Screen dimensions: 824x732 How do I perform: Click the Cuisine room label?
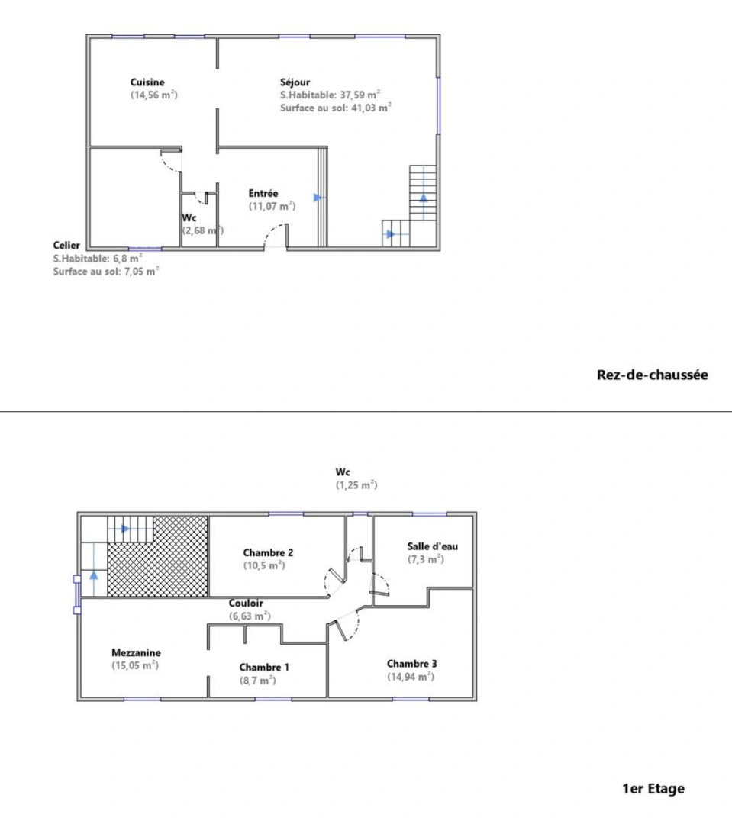(x=147, y=82)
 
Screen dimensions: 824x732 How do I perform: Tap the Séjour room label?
(x=295, y=82)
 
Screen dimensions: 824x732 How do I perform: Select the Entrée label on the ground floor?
(x=263, y=194)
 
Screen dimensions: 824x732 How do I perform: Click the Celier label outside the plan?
(x=66, y=245)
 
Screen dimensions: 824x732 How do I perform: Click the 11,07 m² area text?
(x=272, y=206)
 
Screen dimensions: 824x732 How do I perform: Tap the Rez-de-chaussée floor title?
(x=652, y=375)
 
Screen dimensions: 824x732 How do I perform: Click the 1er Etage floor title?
(x=653, y=788)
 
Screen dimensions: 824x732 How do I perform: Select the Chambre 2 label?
(x=269, y=552)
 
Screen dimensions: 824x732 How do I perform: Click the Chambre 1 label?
(x=264, y=667)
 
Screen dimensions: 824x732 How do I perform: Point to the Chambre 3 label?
(x=412, y=664)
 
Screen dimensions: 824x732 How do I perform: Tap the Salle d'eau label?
(x=433, y=546)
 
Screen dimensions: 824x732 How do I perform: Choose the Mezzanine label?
(x=136, y=652)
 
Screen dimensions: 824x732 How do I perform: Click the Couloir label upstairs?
(x=247, y=603)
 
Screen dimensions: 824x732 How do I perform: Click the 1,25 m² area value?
(x=356, y=485)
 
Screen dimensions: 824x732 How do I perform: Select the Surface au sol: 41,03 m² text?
(x=336, y=108)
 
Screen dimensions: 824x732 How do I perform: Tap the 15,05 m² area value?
(x=135, y=665)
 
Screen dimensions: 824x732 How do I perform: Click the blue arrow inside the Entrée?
(x=318, y=197)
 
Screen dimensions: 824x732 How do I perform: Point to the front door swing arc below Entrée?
(x=276, y=235)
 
